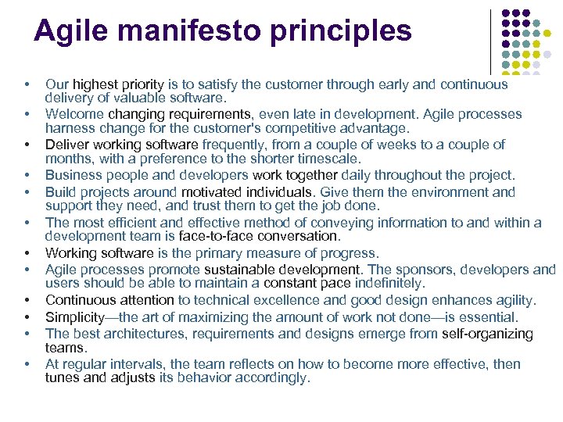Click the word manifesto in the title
click(184, 30)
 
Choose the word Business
click(74, 176)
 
